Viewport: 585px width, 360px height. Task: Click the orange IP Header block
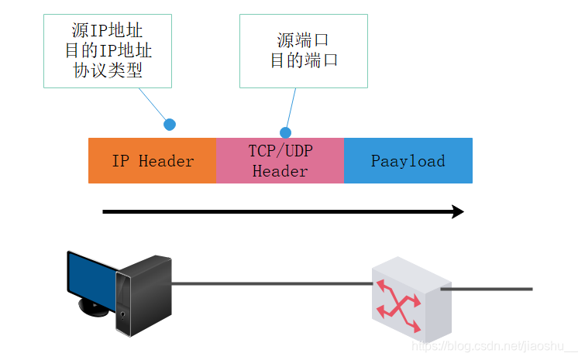153,161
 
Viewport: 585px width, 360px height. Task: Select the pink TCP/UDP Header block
280,161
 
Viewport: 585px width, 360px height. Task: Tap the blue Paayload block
408,161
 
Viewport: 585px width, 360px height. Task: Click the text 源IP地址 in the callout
108,32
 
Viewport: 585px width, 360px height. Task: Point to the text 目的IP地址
108,51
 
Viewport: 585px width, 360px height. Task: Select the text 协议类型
108,70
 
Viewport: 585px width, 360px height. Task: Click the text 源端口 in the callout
303,40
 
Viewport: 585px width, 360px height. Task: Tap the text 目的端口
303,60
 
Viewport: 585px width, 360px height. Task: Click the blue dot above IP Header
170,124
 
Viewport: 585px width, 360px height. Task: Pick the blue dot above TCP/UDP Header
285,132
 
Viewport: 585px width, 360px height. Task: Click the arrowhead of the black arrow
458,212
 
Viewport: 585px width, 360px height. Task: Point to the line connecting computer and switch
271,284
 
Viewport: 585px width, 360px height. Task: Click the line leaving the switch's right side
488,289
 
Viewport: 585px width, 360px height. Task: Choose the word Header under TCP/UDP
280,171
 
